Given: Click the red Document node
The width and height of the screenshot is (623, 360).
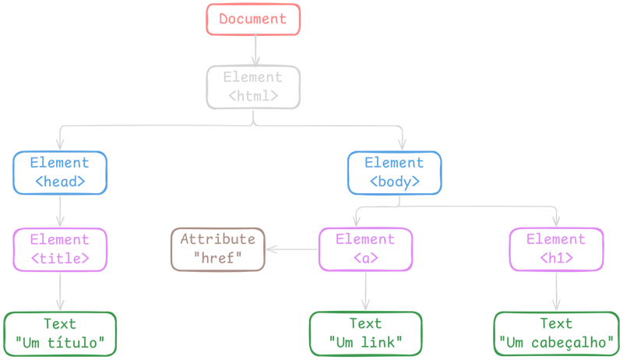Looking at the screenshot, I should point(253,19).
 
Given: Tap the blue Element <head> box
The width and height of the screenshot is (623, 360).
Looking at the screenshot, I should point(60,172).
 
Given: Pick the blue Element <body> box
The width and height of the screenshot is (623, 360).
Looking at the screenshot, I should point(394,172).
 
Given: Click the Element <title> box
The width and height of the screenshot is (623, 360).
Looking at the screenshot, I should point(60,249).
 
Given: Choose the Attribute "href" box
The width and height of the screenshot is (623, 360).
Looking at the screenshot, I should point(218,249).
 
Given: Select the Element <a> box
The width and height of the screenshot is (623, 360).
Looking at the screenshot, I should point(365,249).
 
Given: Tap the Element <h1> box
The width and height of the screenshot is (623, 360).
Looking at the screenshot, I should point(555,249).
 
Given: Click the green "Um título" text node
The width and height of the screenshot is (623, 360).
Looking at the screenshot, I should point(60,334).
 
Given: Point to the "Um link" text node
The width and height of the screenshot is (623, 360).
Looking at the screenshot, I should point(365,334).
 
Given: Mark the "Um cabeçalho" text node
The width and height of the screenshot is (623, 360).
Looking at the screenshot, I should point(555,334).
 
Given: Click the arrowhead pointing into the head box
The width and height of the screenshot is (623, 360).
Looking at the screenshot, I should point(60,144).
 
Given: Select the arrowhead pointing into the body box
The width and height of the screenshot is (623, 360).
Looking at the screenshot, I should point(402,144).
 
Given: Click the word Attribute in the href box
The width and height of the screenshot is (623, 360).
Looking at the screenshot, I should point(217,239).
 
